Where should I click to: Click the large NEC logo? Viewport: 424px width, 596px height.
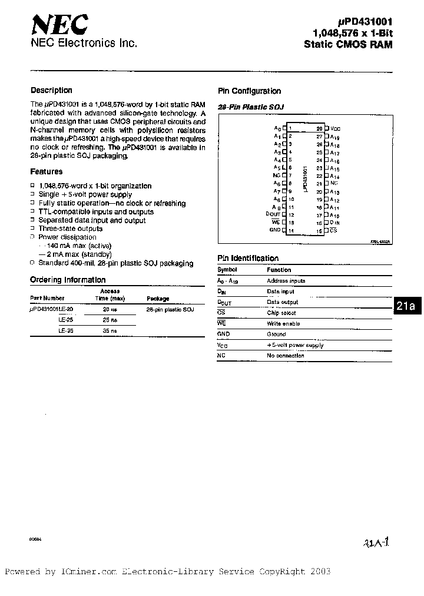point(59,26)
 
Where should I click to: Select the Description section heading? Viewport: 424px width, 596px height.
point(51,91)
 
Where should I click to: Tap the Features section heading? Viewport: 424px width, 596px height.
point(46,172)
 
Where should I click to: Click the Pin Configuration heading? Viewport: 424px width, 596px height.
point(249,91)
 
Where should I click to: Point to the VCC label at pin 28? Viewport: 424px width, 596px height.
point(335,128)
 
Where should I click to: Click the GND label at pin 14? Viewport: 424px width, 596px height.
point(274,230)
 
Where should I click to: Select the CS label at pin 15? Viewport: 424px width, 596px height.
point(333,231)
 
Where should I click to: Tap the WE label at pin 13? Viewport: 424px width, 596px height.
point(276,222)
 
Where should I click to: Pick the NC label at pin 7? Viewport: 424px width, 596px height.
point(276,176)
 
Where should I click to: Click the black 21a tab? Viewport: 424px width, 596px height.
point(406,306)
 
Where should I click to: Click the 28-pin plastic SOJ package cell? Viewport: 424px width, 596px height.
point(170,309)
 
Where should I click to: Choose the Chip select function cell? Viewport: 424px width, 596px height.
point(281,313)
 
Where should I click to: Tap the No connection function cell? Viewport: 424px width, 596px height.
point(286,356)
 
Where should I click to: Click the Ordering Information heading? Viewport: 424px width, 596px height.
point(68,280)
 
